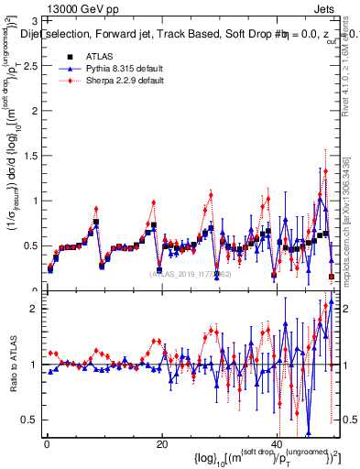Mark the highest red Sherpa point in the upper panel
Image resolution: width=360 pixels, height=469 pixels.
click(325, 170)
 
